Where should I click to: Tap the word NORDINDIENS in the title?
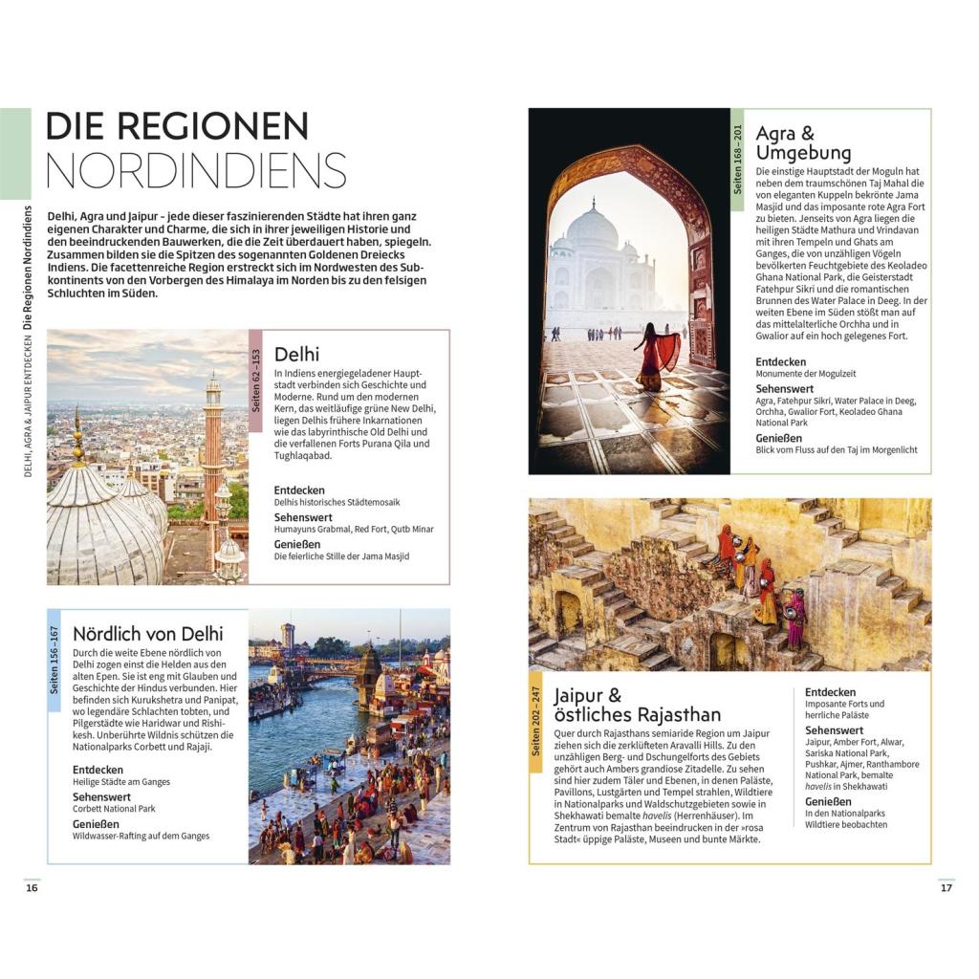(196, 170)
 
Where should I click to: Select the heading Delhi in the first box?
(296, 354)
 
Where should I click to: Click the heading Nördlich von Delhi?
(148, 633)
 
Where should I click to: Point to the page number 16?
(32, 887)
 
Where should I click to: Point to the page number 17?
(946, 887)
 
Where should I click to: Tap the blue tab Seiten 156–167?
(54, 660)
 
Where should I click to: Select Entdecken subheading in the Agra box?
(780, 362)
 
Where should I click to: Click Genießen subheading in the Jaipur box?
(828, 802)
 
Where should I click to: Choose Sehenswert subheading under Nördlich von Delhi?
(101, 796)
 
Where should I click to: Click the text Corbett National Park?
(114, 809)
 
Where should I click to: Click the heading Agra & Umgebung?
(803, 142)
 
